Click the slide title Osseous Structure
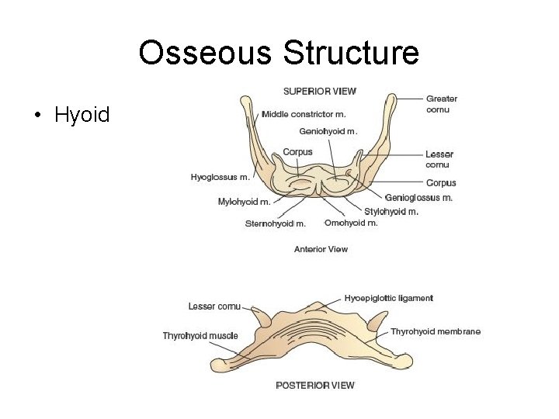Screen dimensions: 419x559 click(279, 53)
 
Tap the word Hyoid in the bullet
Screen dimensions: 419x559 click(82, 116)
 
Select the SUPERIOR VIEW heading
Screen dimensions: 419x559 click(320, 91)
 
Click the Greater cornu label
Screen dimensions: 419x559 click(442, 104)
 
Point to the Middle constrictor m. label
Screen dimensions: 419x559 click(304, 114)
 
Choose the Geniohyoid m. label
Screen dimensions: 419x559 click(328, 132)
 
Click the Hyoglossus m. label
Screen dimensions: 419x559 click(220, 177)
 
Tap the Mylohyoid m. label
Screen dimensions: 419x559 click(245, 202)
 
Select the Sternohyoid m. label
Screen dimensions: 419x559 click(276, 223)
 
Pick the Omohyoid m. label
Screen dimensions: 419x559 click(351, 223)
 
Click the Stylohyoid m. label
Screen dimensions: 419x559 click(391, 211)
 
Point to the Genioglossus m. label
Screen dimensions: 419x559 click(419, 198)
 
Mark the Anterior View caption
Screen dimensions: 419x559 click(321, 249)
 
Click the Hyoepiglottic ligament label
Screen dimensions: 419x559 click(388, 298)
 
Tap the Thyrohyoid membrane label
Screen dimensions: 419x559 click(435, 331)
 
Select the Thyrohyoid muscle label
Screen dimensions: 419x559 click(200, 336)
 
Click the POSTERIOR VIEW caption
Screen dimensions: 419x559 click(315, 385)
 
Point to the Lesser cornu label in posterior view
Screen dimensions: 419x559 click(214, 306)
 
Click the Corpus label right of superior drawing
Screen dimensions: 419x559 click(441, 183)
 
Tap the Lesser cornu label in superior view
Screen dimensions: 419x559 click(439, 159)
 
